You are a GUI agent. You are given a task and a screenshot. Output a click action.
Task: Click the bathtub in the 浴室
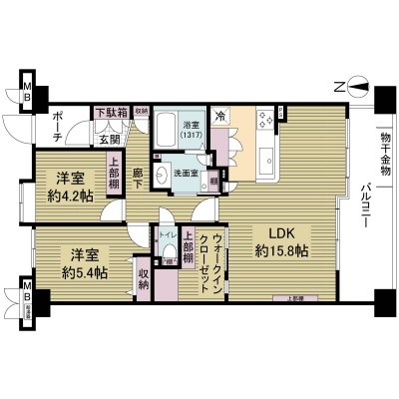167,130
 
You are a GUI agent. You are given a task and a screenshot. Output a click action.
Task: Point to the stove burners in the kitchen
264,120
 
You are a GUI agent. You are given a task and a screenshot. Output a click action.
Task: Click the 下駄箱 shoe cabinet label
111,113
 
